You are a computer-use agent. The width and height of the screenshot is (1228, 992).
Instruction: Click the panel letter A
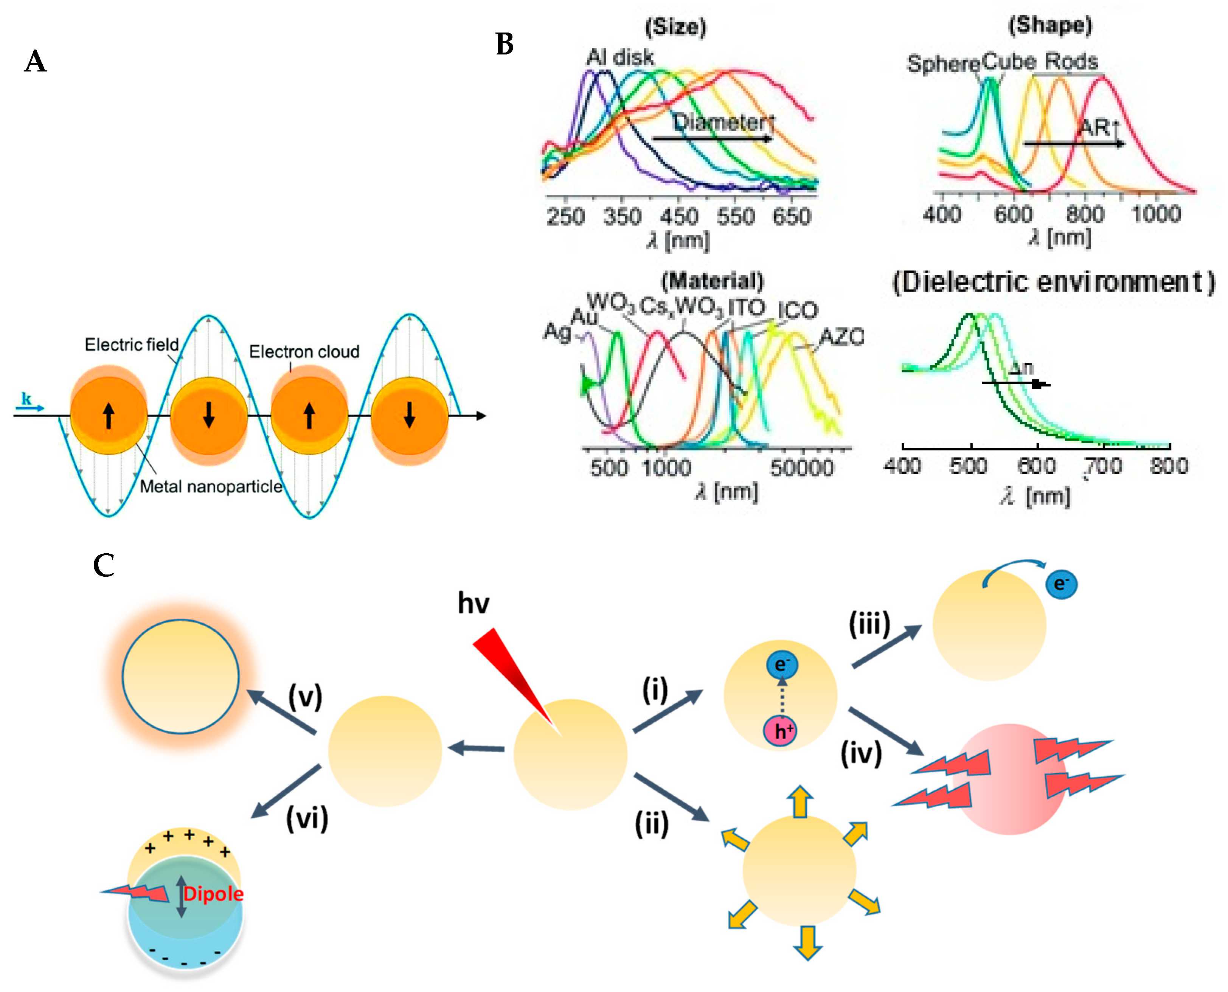36,61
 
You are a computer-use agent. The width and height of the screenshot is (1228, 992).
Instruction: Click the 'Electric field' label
132,345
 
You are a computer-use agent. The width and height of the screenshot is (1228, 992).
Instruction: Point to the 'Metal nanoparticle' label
211,486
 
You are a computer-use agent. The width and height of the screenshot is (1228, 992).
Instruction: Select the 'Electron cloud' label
304,351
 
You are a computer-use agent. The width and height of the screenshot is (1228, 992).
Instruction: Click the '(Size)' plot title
675,27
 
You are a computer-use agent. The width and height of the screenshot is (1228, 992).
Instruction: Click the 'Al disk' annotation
620,57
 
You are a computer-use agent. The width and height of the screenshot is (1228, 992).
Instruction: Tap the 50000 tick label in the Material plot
802,468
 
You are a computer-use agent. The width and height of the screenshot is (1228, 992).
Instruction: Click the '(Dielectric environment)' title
1053,282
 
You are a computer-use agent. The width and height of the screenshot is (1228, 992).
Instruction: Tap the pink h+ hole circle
779,731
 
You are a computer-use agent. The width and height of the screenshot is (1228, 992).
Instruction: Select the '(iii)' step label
869,624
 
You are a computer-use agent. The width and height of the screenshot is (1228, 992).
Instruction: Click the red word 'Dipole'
213,894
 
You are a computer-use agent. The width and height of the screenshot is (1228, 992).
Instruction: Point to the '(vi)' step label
307,818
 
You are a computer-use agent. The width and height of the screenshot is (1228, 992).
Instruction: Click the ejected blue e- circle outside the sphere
1060,584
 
